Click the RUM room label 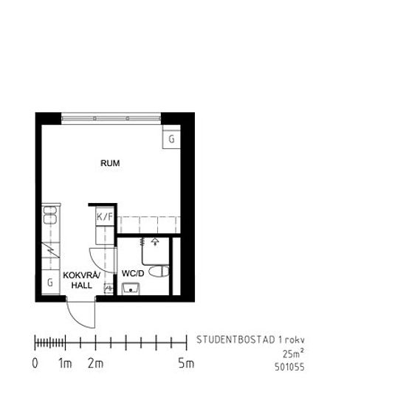(x=110, y=163)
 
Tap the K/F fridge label (x=105, y=216)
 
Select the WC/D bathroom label (x=133, y=273)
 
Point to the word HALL (x=81, y=286)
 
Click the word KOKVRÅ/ (x=81, y=275)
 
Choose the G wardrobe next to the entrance (x=51, y=282)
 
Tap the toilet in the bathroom (x=159, y=271)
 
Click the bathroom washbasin (x=131, y=289)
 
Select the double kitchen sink (x=50, y=215)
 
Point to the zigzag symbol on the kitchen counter (x=51, y=250)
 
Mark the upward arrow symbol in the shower (x=155, y=241)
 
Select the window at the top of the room (x=111, y=118)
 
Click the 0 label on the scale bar (x=35, y=363)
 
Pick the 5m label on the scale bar (x=186, y=363)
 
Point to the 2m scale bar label (x=95, y=363)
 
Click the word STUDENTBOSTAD (x=235, y=340)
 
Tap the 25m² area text (x=294, y=354)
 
